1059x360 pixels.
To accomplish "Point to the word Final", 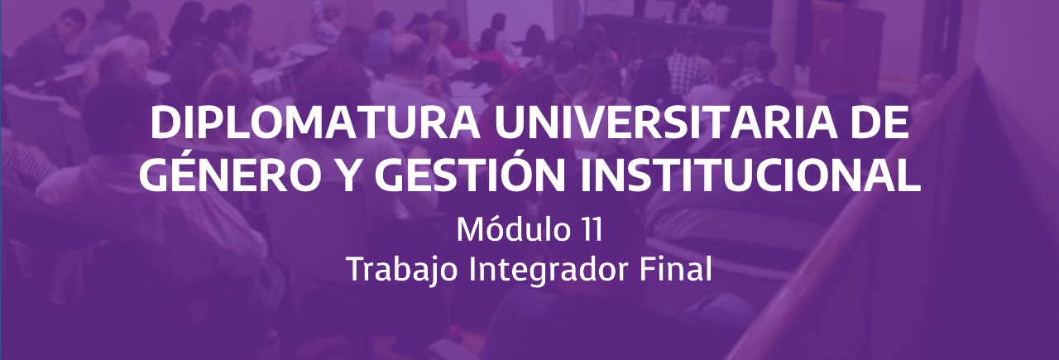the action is coord(676,270).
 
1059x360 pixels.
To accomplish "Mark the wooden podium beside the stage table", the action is coord(850,52).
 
